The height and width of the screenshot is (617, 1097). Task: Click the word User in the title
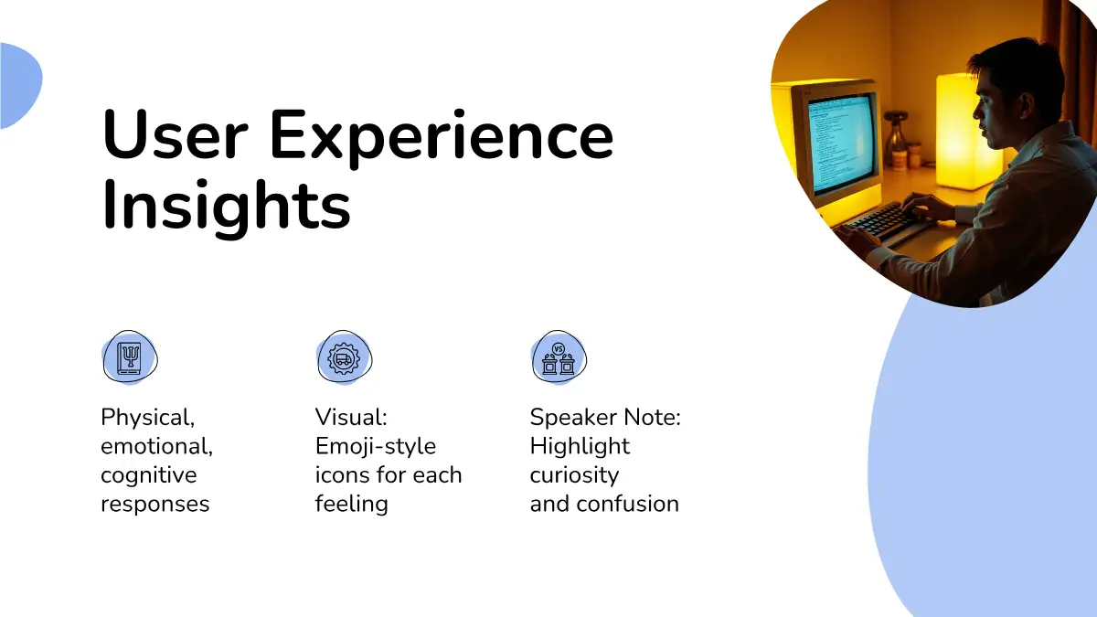[x=175, y=134]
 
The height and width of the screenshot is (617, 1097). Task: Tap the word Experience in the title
[x=442, y=138]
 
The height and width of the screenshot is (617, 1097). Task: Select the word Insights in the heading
[x=227, y=207]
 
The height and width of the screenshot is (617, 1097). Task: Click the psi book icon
[x=130, y=357]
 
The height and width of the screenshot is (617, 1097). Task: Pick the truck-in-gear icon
[x=345, y=357]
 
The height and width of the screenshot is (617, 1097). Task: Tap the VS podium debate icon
[x=559, y=357]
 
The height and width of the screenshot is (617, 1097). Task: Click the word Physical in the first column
[x=147, y=418]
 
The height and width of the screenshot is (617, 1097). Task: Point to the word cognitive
[x=149, y=475]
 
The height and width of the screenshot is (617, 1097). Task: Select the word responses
[x=155, y=505]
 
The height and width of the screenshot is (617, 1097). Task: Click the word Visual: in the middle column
[x=351, y=417]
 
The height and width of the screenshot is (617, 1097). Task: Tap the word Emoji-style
[x=376, y=447]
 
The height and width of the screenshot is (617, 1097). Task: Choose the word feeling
[x=352, y=505]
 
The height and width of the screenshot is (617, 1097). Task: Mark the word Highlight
[x=580, y=447]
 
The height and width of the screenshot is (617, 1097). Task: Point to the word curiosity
[x=574, y=475]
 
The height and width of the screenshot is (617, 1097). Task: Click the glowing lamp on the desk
[x=961, y=131]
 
